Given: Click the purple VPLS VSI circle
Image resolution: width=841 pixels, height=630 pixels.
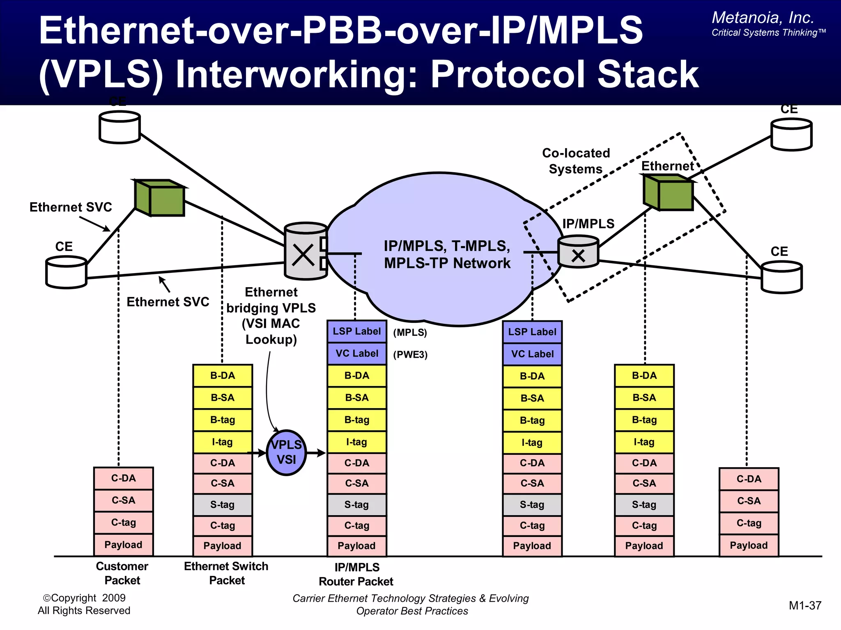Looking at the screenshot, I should [x=286, y=452].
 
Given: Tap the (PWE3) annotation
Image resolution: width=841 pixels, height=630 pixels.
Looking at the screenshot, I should [x=410, y=354].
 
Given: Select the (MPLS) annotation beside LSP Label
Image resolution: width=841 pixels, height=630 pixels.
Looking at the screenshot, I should [x=410, y=332].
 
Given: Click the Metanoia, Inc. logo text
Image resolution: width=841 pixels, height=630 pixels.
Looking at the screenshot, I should [x=763, y=18].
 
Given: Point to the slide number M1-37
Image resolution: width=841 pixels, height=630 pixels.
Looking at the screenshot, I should [x=805, y=605].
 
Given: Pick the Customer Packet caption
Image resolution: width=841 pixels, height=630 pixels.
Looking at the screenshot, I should [x=122, y=573].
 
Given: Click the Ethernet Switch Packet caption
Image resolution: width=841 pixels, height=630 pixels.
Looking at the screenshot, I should [x=226, y=573].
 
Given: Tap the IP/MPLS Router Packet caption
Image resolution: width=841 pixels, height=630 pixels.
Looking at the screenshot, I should [x=356, y=574].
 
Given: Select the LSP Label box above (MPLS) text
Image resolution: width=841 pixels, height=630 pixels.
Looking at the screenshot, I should [x=356, y=331].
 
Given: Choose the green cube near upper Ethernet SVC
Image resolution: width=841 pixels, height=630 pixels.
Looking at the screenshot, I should [x=160, y=198].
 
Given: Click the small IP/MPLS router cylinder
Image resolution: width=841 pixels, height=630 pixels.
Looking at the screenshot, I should [x=578, y=251].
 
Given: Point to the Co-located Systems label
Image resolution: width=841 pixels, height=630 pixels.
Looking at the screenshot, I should [x=576, y=161].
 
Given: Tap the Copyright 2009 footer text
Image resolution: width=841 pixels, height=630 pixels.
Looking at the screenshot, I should [x=84, y=604].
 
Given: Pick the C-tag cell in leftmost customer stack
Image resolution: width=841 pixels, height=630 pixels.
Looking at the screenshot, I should [x=123, y=523].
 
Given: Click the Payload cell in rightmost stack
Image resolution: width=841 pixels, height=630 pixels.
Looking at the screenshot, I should [x=749, y=545].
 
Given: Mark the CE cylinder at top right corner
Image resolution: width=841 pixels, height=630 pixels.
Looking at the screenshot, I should [x=791, y=135].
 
